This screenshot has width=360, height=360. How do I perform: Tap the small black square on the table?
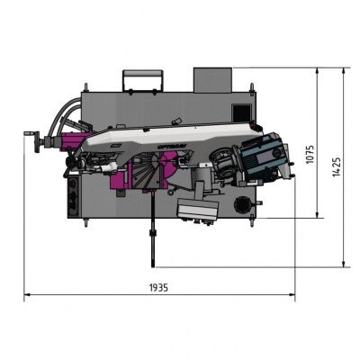(238, 111)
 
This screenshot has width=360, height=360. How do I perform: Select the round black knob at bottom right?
(240, 206)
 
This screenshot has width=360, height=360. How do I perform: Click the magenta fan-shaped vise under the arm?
(147, 171)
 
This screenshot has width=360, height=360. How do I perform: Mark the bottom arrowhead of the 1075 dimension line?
(319, 216)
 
